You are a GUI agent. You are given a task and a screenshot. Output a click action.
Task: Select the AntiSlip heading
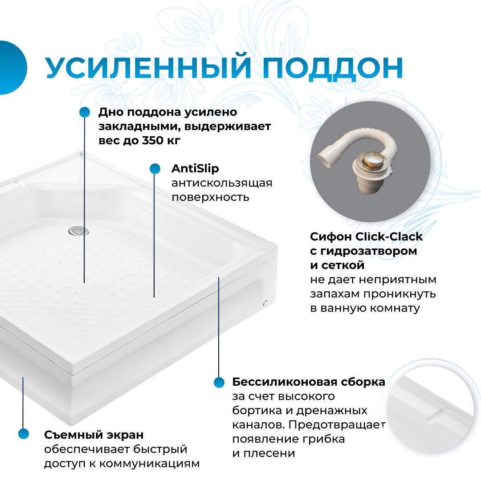tap(195, 169)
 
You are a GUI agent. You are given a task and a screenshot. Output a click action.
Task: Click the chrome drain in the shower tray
tap(78, 230)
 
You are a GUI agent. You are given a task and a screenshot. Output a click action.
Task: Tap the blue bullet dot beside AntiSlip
tap(155, 169)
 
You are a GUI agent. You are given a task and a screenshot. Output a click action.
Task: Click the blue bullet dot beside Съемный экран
tap(23, 434)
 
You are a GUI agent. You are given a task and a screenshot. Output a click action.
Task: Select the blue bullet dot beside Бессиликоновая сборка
tap(219, 382)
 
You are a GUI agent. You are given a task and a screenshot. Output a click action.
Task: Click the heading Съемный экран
tap(94, 434)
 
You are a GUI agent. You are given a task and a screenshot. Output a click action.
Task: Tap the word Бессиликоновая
tap(278, 382)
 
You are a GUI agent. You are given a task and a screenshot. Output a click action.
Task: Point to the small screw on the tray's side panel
tap(265, 303)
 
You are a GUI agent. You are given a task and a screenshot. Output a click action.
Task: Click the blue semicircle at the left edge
tap(12, 68)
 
